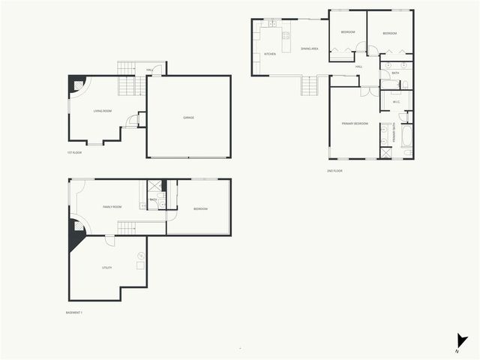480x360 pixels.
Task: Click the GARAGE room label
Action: (x=188, y=118)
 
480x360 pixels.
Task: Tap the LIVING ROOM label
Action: (x=102, y=111)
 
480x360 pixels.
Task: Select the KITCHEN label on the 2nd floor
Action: (x=270, y=53)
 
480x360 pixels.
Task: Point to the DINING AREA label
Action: (x=310, y=49)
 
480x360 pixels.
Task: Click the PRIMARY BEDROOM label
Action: (x=355, y=123)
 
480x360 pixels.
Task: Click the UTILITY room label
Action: (x=106, y=268)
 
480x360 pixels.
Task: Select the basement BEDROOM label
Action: (x=200, y=208)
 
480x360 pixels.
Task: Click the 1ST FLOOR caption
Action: (x=73, y=152)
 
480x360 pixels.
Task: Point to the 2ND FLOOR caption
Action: (x=334, y=170)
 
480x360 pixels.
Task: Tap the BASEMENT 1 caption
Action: (x=73, y=312)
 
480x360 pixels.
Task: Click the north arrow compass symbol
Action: (x=461, y=341)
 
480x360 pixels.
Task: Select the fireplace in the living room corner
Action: (x=76, y=85)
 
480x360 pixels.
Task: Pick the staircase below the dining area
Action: (x=310, y=85)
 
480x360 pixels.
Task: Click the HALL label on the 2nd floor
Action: (x=359, y=67)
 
